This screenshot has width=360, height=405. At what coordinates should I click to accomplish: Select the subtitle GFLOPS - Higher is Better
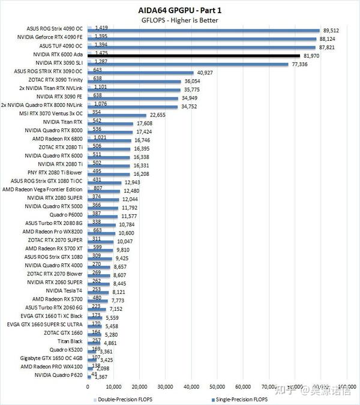(x=179, y=20)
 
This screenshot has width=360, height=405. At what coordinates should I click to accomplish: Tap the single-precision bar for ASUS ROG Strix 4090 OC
(x=204, y=31)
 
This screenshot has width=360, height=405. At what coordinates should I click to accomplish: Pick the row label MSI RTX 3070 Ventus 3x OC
(x=50, y=113)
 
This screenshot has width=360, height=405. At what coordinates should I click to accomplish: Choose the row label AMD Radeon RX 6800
(x=58, y=139)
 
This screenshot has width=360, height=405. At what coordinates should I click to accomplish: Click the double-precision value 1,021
(x=98, y=137)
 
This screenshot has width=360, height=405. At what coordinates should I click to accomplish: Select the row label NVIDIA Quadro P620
(x=59, y=376)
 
